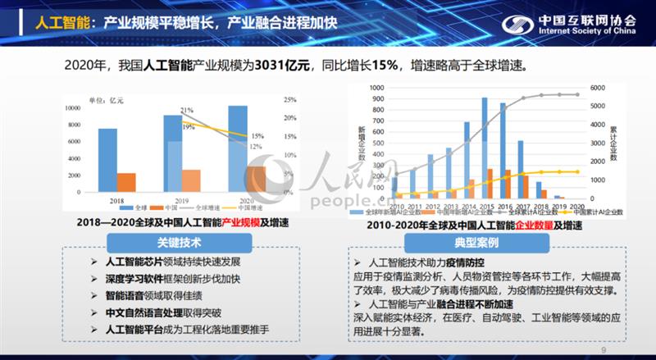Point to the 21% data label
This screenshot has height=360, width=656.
click(x=187, y=110)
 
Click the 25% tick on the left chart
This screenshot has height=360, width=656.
click(x=289, y=100)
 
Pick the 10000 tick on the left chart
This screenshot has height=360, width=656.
click(x=72, y=107)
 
